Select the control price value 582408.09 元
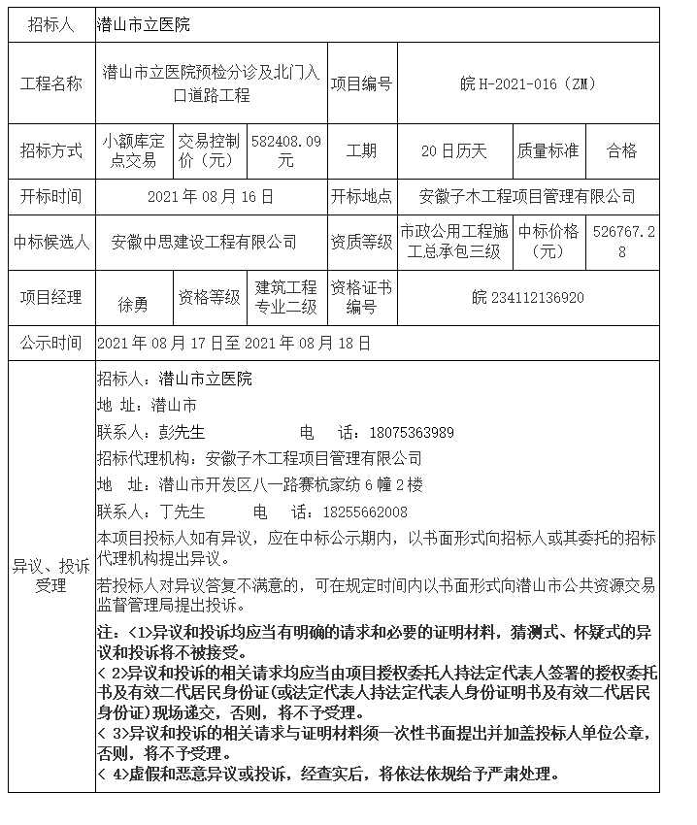coord(285,150)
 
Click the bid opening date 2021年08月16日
coord(211,196)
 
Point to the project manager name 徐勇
coord(133,305)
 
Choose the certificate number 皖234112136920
coord(528,297)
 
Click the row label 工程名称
coord(51,84)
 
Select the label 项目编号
coord(361,84)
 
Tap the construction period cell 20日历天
coord(453,150)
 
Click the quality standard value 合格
coord(621,150)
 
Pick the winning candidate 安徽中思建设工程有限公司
coord(204,242)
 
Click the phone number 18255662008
coord(366,511)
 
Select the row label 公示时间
coord(51,344)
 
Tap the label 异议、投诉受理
coord(51,576)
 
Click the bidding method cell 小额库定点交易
coord(133,150)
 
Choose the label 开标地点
coord(361,196)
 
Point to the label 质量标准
coord(548,150)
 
